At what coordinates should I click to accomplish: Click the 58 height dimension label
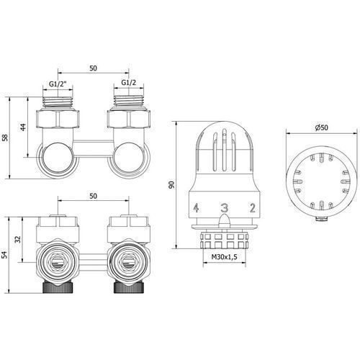(x=5, y=138)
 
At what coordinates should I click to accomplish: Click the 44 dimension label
(x=23, y=127)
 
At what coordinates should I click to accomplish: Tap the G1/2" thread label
(x=58, y=84)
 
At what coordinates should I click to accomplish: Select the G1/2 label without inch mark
(x=129, y=83)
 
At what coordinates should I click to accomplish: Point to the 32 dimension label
(x=18, y=239)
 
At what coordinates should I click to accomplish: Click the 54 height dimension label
(x=5, y=255)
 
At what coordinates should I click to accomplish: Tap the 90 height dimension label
(x=171, y=185)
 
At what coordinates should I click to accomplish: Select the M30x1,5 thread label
(x=224, y=257)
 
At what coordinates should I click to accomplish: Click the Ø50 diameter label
(x=321, y=127)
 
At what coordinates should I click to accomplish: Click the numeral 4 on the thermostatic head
(x=197, y=208)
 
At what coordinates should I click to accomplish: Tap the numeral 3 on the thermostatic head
(x=225, y=208)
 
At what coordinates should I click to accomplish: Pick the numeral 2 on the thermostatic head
(x=252, y=208)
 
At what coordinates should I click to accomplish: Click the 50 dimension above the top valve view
(x=93, y=68)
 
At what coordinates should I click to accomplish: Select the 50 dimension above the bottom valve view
(x=93, y=196)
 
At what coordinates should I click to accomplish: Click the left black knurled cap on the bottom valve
(x=58, y=287)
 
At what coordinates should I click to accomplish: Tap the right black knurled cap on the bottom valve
(x=129, y=287)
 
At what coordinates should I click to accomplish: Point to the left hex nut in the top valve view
(x=58, y=119)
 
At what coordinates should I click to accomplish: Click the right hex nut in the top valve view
(x=129, y=119)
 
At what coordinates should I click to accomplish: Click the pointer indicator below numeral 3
(x=225, y=220)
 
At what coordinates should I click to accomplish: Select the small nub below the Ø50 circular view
(x=321, y=219)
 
